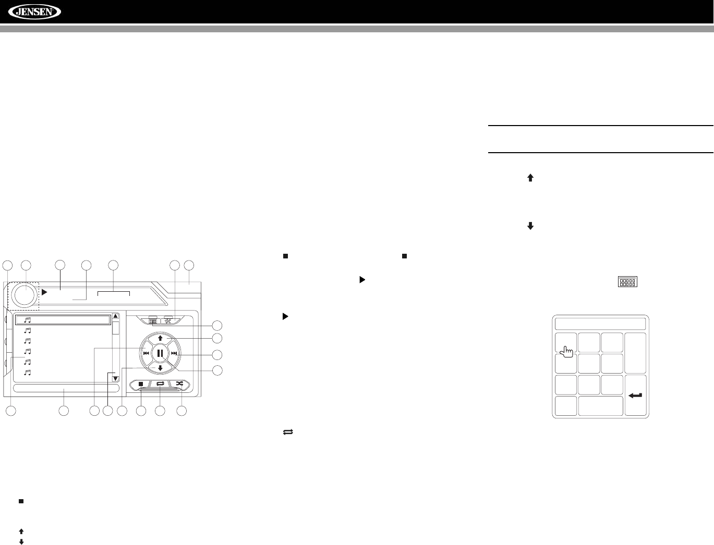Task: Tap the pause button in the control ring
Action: (x=160, y=353)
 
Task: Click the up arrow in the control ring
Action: (x=160, y=338)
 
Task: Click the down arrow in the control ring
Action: (x=160, y=368)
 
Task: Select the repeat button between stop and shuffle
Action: (x=160, y=384)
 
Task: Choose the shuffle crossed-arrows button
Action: (x=180, y=384)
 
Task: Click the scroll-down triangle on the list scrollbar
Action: (x=116, y=379)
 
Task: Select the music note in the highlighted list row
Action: (x=28, y=320)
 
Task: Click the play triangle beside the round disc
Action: (x=45, y=292)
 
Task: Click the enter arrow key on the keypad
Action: (x=635, y=395)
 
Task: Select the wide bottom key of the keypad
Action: (x=601, y=406)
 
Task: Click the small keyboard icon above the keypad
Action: (x=628, y=282)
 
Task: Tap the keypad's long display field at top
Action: (x=600, y=323)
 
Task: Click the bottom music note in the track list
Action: (x=28, y=373)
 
